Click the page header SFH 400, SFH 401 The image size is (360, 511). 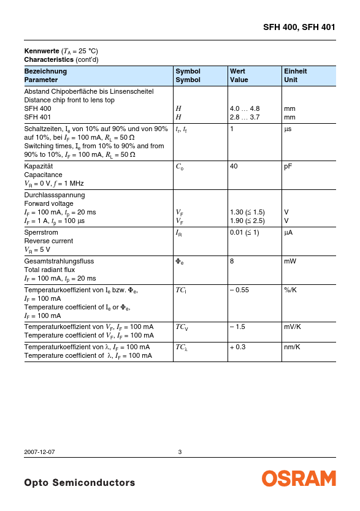(x=299, y=27)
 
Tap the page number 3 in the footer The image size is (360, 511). (x=180, y=452)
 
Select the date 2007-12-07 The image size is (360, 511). (x=39, y=452)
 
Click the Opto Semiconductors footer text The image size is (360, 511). (x=79, y=483)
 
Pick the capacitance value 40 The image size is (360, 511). (x=234, y=166)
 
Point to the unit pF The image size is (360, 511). (x=288, y=166)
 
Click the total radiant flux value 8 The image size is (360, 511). (x=232, y=260)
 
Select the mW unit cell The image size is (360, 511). (x=290, y=260)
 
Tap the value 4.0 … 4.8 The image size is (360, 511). (x=245, y=108)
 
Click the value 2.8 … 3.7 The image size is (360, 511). (x=245, y=117)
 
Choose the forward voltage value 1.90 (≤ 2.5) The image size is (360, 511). (x=247, y=221)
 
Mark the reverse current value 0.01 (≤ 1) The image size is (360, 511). (x=244, y=232)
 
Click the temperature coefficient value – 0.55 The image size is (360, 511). (x=239, y=290)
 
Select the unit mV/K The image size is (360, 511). (x=293, y=327)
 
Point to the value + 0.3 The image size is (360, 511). (x=238, y=347)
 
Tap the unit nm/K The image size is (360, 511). (x=292, y=347)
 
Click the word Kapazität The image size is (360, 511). (x=39, y=166)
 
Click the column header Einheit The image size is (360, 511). (x=295, y=71)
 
